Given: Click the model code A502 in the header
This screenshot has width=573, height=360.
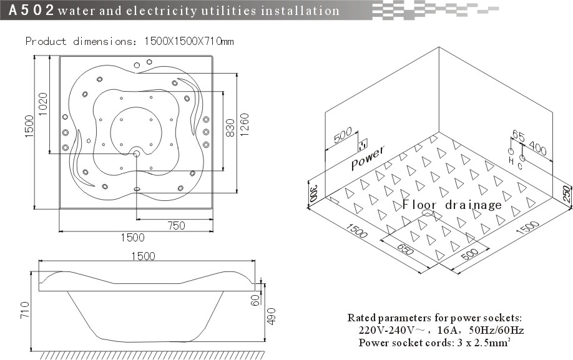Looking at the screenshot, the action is (x=31, y=10).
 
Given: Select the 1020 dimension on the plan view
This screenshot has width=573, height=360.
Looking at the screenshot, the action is (x=42, y=104).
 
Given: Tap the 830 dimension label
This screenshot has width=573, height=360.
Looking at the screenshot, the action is (x=230, y=128).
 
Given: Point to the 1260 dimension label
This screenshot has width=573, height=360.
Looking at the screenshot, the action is (x=244, y=125).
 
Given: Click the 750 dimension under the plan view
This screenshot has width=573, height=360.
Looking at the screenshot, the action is (x=176, y=226).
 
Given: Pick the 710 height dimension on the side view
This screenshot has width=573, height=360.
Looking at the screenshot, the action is (x=24, y=309).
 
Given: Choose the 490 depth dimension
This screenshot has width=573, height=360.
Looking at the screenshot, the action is (x=272, y=316).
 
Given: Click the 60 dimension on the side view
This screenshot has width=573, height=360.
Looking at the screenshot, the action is (x=255, y=300).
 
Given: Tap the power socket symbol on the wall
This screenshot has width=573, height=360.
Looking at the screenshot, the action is (x=363, y=145).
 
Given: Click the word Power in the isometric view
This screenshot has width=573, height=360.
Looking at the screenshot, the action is (x=368, y=158).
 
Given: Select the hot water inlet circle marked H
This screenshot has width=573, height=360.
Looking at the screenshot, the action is (x=511, y=152).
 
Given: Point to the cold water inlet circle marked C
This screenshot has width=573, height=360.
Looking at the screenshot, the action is (x=522, y=158).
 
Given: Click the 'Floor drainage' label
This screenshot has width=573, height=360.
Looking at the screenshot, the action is (x=452, y=205).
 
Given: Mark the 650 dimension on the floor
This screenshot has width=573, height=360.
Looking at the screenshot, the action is (x=405, y=249).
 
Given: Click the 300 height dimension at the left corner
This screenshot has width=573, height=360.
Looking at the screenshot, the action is (x=313, y=193).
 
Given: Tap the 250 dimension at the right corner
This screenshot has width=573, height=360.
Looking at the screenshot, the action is (x=566, y=194).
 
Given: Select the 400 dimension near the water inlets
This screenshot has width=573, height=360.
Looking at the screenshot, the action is (x=537, y=148).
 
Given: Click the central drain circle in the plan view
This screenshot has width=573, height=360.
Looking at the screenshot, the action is (x=136, y=153).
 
